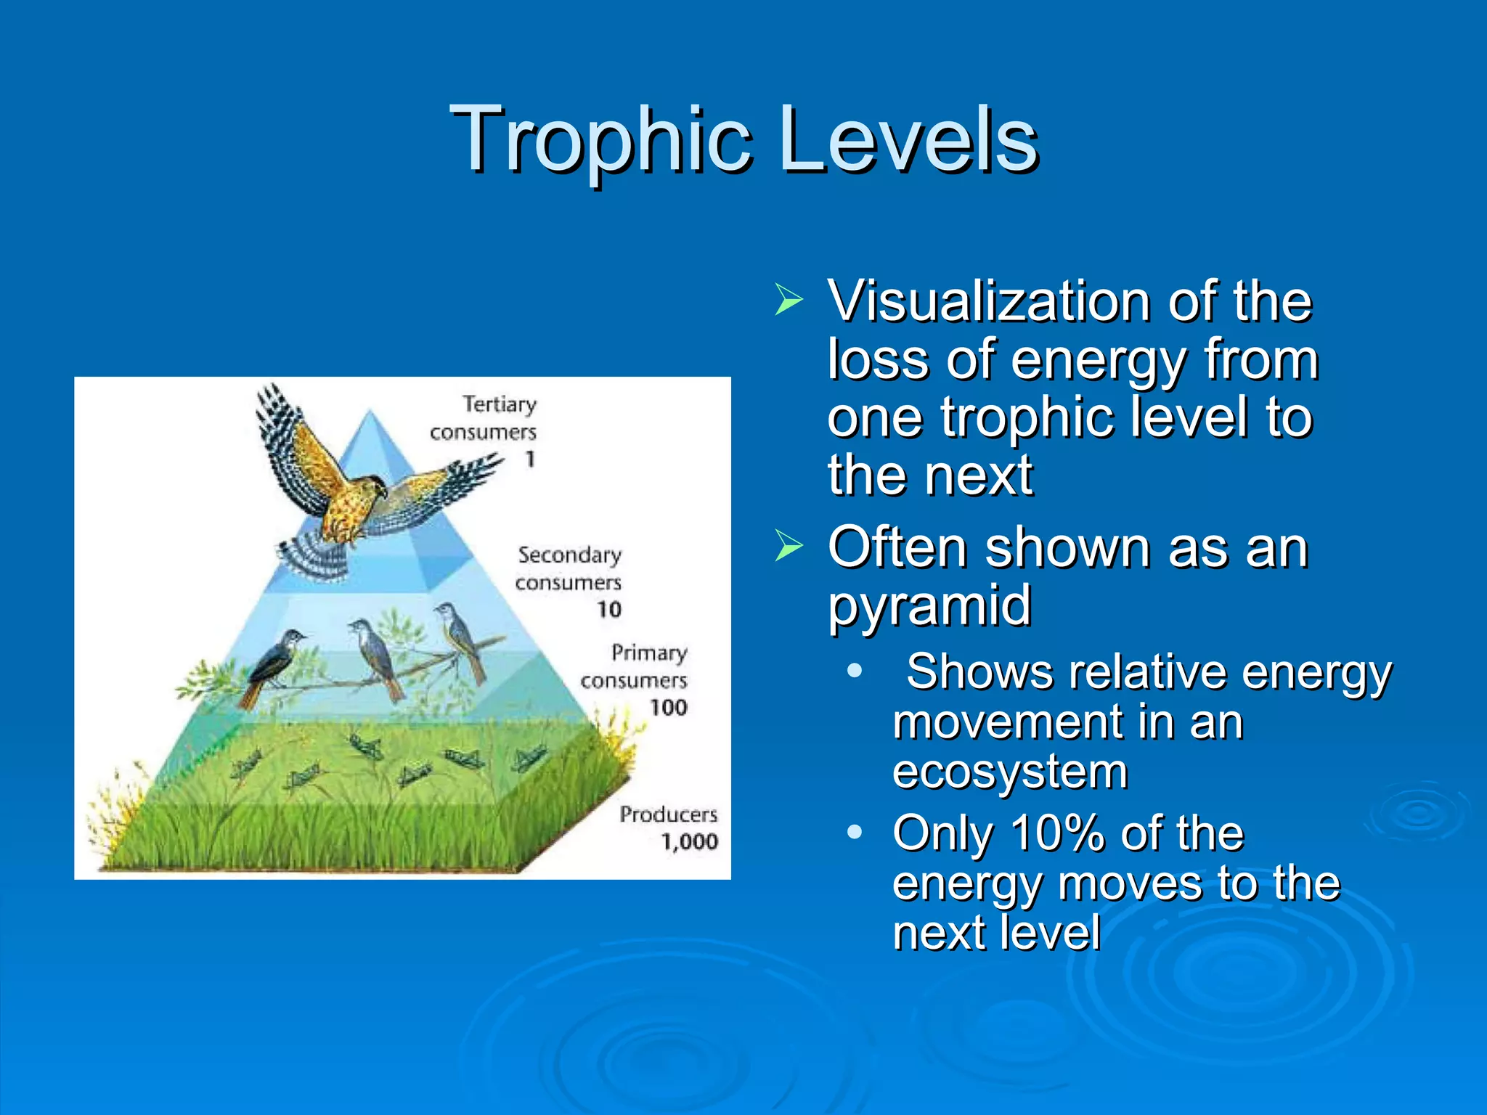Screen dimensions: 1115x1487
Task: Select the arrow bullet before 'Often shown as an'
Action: click(x=789, y=546)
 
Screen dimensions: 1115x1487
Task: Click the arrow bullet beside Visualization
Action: click(x=789, y=300)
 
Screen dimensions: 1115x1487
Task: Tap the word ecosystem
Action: click(x=1009, y=771)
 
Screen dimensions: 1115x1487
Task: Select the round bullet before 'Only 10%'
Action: click(x=855, y=832)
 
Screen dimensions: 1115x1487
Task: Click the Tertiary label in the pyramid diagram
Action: click(x=500, y=404)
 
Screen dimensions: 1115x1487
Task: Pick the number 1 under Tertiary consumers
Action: click(x=530, y=459)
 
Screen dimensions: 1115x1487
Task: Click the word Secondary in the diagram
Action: click(x=569, y=555)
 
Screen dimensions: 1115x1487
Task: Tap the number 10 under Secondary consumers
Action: click(x=609, y=609)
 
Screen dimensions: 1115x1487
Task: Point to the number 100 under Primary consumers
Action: click(x=668, y=707)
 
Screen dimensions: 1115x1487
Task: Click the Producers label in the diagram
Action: click(x=668, y=814)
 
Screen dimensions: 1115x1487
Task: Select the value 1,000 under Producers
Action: click(x=689, y=841)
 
